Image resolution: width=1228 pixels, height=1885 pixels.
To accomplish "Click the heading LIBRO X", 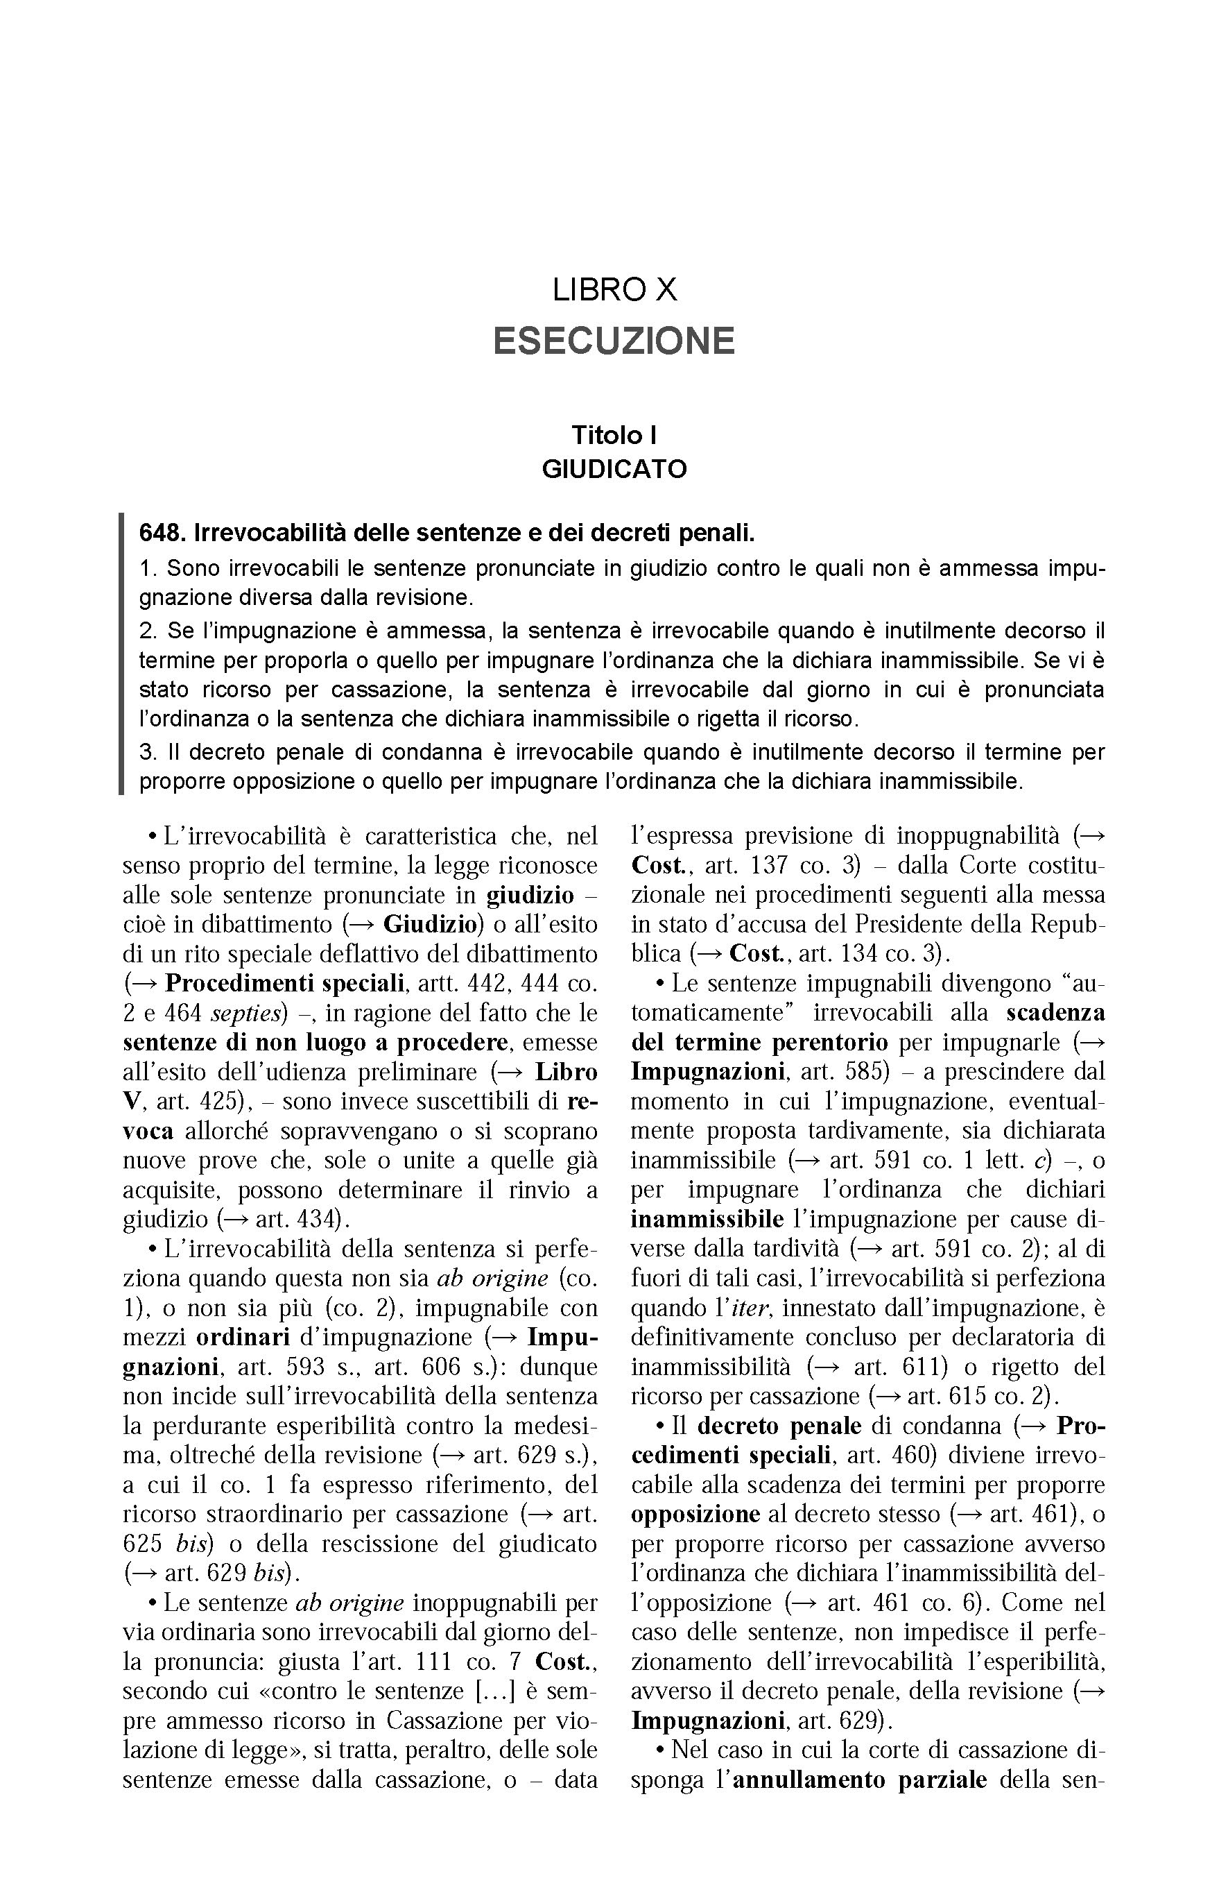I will (x=614, y=290).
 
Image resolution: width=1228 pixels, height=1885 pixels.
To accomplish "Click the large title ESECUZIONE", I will (x=614, y=341).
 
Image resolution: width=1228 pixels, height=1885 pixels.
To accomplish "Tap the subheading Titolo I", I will (x=614, y=435).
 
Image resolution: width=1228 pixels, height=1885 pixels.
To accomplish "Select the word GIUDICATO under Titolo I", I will (x=614, y=469).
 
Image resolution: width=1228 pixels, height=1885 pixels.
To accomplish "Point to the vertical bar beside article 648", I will (x=121, y=654).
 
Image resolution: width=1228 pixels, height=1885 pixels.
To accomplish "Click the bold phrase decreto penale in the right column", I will (x=779, y=1426).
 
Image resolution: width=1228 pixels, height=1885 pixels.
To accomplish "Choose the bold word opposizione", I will (x=695, y=1514).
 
